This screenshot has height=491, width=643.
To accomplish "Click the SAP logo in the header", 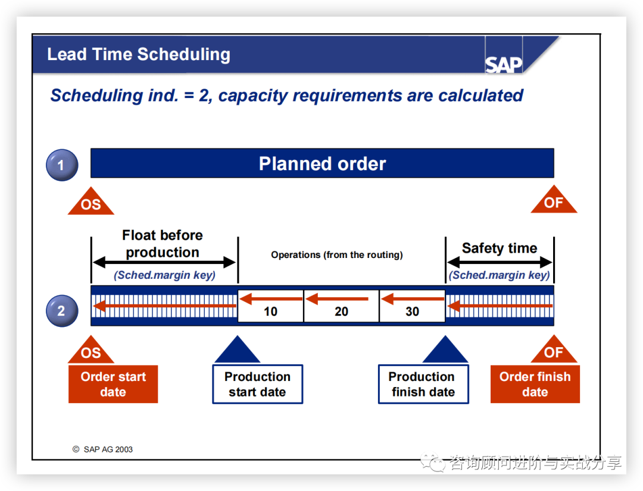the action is tap(504, 64).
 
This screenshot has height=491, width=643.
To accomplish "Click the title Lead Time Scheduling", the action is tap(139, 55).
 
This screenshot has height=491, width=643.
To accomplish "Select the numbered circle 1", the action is tap(62, 165).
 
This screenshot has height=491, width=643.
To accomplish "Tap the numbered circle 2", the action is tap(62, 310).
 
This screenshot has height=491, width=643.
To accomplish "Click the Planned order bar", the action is tap(322, 163).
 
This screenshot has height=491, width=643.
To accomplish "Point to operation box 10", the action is tap(270, 306).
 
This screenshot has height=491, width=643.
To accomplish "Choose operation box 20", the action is tap(341, 306).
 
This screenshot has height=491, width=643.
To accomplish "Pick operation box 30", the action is tap(412, 306).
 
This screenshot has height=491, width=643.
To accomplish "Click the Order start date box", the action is tap(113, 384).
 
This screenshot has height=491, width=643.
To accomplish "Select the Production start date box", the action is tap(257, 384).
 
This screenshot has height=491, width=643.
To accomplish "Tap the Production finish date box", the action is tap(423, 384).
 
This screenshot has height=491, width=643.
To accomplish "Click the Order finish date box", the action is tap(535, 384).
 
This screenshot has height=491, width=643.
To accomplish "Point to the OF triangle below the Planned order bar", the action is tap(554, 202).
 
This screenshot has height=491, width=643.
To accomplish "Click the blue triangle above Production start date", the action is tap(237, 351).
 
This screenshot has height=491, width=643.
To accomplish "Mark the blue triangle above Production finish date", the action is tap(445, 351).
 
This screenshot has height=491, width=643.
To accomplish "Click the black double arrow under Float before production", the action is tap(164, 262).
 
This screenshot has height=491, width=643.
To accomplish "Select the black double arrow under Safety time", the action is tap(500, 262).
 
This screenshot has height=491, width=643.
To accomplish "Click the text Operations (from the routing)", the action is tap(337, 255).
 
